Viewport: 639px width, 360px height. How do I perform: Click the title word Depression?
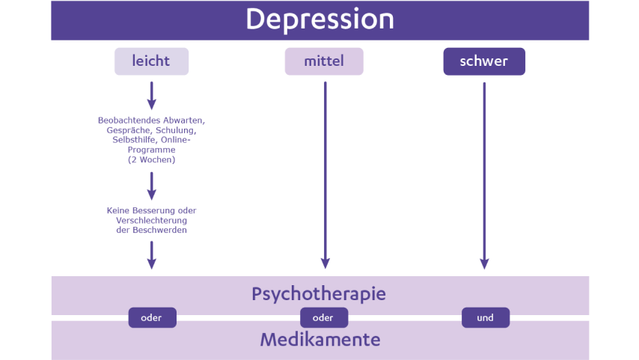319,19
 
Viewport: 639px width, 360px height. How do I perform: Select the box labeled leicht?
151,61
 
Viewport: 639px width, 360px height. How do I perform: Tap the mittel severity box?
323,61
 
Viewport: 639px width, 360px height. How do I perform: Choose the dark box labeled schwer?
484,61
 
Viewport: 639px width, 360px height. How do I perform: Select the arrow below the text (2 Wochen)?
151,186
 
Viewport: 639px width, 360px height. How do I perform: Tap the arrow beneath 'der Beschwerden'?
151,254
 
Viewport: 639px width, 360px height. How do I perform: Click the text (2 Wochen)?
151,159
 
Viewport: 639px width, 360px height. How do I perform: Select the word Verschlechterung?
151,221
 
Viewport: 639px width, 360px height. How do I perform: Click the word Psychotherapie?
319,293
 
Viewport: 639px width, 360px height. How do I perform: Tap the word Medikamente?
319,340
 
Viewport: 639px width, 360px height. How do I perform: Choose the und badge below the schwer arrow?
485,317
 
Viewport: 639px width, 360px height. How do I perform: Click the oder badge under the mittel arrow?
323,317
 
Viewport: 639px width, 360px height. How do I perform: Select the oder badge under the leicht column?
152,317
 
